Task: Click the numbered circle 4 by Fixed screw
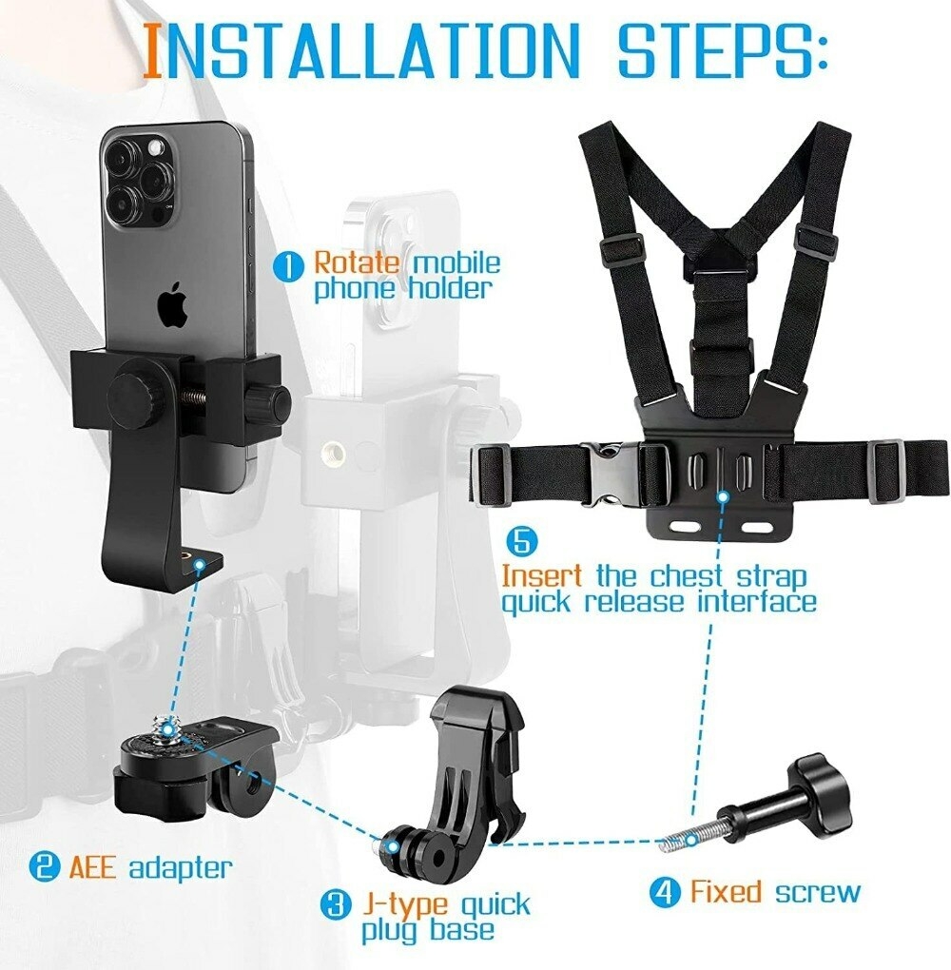click(666, 893)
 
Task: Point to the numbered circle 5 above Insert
click(521, 543)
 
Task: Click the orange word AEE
click(90, 866)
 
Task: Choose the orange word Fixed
click(727, 892)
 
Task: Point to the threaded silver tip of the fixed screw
click(677, 838)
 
